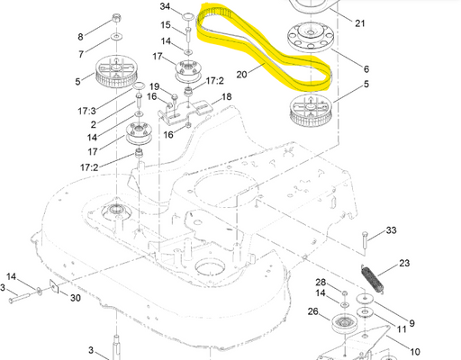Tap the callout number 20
242,75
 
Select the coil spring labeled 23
372,278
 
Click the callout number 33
391,230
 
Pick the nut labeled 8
116,18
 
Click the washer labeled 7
116,37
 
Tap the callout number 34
166,6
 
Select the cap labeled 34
188,16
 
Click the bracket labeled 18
185,112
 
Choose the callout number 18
227,96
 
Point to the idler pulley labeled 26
344,324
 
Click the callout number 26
313,311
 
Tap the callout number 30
76,298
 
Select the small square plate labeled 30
54,286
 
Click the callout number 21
360,23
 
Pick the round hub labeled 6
311,37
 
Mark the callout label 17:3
86,111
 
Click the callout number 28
321,282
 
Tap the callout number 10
415,352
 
